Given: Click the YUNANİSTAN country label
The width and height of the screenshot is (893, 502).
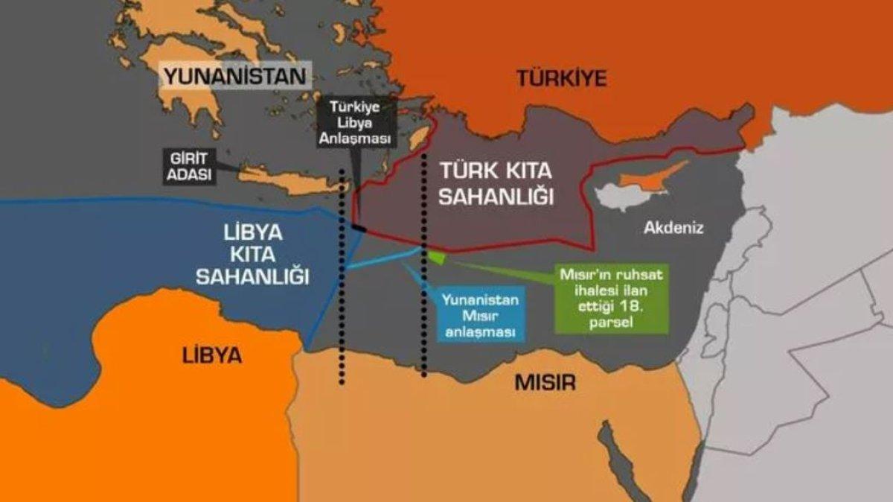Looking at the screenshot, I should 234,77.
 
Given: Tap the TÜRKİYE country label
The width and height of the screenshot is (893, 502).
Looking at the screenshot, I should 563,77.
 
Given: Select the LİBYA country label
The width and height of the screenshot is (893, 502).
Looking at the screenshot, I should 212,355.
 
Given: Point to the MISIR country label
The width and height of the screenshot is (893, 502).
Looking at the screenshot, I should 545,383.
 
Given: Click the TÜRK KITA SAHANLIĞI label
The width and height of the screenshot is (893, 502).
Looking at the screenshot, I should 496,182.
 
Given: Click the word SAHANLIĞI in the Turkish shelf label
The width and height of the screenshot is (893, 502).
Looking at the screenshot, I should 496,197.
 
